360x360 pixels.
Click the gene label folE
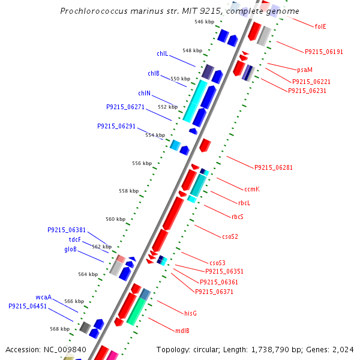tap(320, 26)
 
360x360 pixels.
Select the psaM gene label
tap(305, 70)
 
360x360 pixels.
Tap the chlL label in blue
tap(162, 53)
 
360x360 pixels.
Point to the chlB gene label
tap(154, 73)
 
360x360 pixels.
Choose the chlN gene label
tap(144, 93)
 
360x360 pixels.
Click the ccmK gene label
tap(252, 189)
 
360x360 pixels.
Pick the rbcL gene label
tap(244, 203)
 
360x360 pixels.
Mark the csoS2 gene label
tap(230, 236)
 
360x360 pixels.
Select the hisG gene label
tap(191, 313)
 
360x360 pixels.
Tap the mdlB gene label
tap(182, 331)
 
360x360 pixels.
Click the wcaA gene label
tap(43, 297)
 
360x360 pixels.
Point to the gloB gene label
tap(70, 249)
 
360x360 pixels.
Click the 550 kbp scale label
tap(180, 79)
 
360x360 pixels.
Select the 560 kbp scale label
tap(115, 219)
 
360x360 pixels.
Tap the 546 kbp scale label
tap(204, 22)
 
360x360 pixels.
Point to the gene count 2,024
tap(343, 349)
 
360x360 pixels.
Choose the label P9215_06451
tap(28, 306)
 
